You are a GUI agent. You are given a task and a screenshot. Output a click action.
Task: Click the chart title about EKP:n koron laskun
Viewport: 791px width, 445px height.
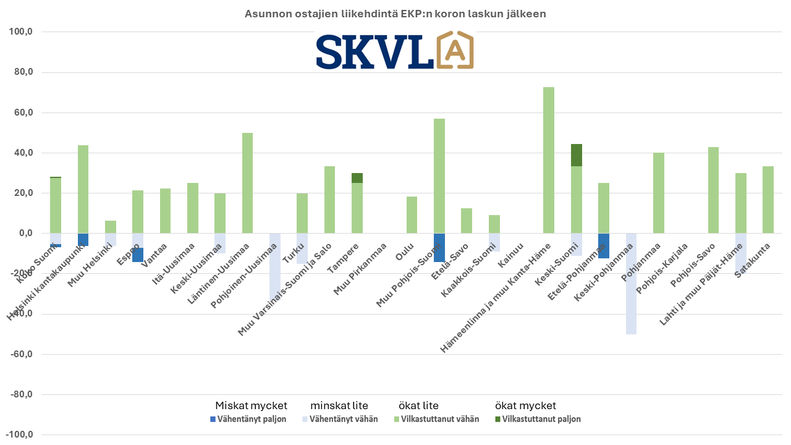[x=395, y=14]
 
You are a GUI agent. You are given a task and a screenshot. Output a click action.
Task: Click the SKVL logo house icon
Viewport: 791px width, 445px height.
[x=455, y=50]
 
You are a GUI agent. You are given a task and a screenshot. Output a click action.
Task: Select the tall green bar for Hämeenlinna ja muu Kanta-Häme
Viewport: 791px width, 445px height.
[x=548, y=160]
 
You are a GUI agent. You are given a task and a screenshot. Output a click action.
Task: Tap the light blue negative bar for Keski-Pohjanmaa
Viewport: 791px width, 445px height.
[x=631, y=284]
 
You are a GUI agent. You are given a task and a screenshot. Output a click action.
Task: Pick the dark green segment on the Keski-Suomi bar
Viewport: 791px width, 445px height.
[x=576, y=155]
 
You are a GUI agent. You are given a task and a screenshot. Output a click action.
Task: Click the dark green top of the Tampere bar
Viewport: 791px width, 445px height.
[x=357, y=178]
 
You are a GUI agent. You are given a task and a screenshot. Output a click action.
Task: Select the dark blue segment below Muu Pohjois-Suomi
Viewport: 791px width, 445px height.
[x=439, y=247]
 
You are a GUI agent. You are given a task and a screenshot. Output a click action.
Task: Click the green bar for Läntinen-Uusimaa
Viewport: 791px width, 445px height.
[x=247, y=183]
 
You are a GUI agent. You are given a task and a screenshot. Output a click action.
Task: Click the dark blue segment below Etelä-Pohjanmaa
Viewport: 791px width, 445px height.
[x=603, y=245]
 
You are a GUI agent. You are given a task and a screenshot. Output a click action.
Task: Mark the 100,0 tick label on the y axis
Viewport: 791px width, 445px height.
[x=28, y=32]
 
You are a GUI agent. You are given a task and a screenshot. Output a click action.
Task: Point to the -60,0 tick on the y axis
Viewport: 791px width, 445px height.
[x=27, y=354]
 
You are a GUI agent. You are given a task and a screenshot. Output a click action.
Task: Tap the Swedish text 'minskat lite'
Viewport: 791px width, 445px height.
[x=339, y=406]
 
